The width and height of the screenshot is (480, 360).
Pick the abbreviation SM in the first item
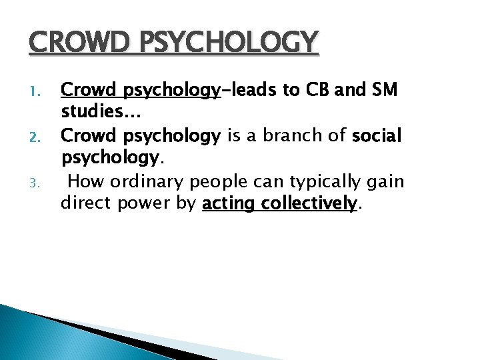381,91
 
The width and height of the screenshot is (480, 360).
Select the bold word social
377,136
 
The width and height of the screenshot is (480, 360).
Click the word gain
387,181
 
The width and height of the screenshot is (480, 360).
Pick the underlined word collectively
309,203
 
